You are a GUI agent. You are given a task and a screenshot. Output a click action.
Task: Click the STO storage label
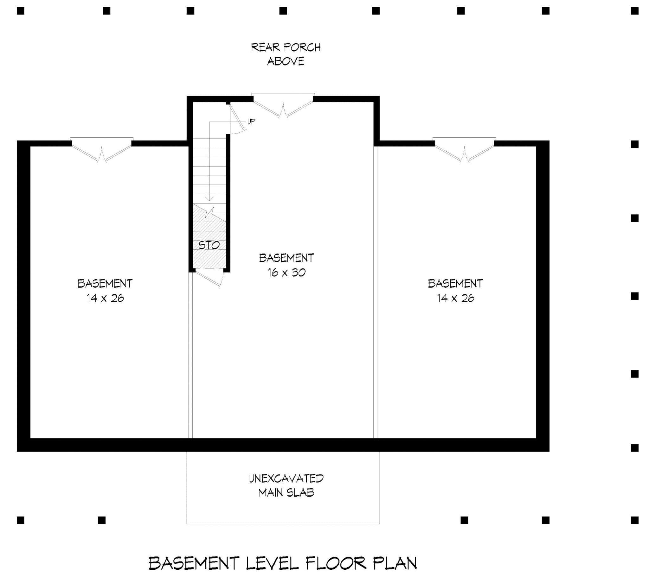click(209, 245)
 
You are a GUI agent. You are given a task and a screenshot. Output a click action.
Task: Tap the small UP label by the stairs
click(251, 122)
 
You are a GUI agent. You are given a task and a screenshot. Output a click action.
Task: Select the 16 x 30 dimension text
click(286, 273)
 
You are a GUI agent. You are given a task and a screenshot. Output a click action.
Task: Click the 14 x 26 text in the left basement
click(105, 298)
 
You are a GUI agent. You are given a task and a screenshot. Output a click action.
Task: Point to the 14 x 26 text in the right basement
click(455, 298)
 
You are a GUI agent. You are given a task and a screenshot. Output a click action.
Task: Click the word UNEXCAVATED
click(286, 478)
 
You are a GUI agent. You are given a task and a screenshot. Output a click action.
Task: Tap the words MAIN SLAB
click(286, 492)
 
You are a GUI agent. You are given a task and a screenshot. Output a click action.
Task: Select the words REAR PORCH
click(286, 47)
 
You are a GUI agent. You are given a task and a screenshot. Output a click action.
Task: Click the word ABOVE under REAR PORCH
click(286, 61)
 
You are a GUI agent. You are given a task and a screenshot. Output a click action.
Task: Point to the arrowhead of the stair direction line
click(209, 199)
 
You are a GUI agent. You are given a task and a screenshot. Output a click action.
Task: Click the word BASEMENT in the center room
click(286, 258)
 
